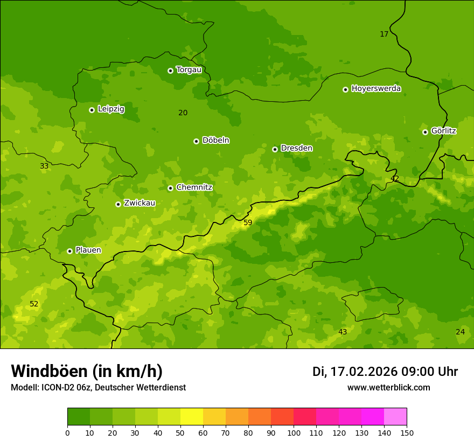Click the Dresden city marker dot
[275, 149]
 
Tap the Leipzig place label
[111, 109]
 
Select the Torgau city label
[189, 69]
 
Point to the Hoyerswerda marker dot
[345, 89]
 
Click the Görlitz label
[443, 131]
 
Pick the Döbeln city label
[215, 140]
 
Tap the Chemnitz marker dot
[170, 188]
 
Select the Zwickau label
[140, 203]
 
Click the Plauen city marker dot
[69, 251]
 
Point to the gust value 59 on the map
[248, 222]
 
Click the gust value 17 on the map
[384, 34]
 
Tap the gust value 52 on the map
[34, 304]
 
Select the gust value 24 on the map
[460, 332]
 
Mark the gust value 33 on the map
[44, 166]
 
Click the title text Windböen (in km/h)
[86, 371]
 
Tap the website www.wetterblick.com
[388, 388]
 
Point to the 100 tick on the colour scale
[294, 432]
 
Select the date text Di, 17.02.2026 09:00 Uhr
[385, 372]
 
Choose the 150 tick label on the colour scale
[407, 432]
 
